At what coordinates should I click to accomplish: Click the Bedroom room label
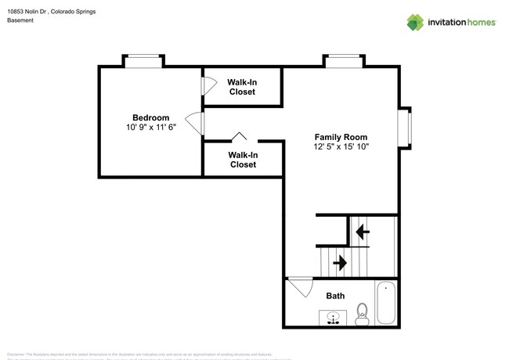150,117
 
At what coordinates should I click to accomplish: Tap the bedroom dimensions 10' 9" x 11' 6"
150,128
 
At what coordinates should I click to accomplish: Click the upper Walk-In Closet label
243,86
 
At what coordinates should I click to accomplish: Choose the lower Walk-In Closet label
243,160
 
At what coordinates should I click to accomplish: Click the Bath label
335,296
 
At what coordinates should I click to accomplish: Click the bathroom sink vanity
334,317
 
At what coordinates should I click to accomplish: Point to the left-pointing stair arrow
362,232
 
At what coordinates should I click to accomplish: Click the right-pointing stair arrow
340,262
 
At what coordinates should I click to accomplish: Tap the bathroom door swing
298,288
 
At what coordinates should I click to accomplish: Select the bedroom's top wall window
143,61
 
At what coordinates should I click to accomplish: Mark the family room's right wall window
405,127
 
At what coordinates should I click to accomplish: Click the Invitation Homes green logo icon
415,22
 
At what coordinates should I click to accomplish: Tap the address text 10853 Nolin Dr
28,12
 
